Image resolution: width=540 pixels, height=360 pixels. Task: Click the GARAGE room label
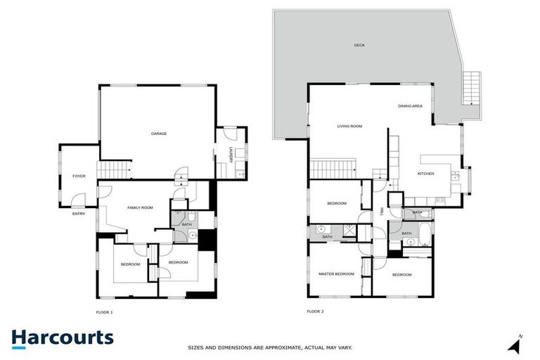(159, 134)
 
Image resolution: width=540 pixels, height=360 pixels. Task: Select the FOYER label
(79, 176)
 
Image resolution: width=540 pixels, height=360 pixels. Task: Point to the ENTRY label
(78, 214)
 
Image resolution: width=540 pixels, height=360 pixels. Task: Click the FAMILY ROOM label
(140, 207)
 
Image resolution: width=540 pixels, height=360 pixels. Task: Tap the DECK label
(360, 46)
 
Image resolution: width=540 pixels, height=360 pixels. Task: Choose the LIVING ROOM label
(349, 126)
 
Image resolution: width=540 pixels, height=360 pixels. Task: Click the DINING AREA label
(410, 105)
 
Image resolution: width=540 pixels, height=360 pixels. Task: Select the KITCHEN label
(426, 173)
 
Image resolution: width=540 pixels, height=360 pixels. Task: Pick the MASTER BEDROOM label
(336, 274)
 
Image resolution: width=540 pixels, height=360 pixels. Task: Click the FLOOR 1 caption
(104, 311)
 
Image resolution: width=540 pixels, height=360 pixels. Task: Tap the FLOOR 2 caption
(315, 311)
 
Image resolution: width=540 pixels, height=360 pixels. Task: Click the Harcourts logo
(62, 337)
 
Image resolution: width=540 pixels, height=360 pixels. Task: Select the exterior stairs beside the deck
(470, 87)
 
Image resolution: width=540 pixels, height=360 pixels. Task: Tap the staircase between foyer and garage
(114, 169)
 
